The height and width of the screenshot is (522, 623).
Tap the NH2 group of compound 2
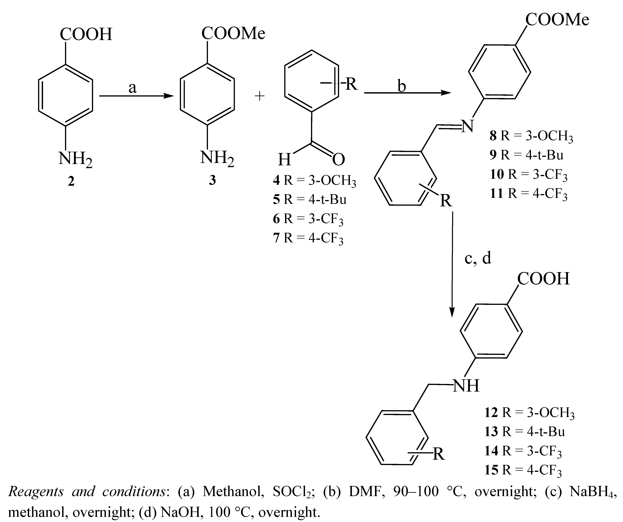click(x=75, y=159)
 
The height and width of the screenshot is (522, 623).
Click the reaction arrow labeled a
click(x=136, y=96)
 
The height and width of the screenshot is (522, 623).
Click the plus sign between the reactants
click(x=260, y=96)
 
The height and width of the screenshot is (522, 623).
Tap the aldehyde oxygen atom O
click(x=338, y=159)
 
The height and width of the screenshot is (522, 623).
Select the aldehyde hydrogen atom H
click(x=284, y=159)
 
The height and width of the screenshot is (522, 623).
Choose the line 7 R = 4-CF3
click(x=308, y=238)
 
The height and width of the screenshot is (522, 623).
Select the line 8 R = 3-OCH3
click(x=531, y=136)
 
